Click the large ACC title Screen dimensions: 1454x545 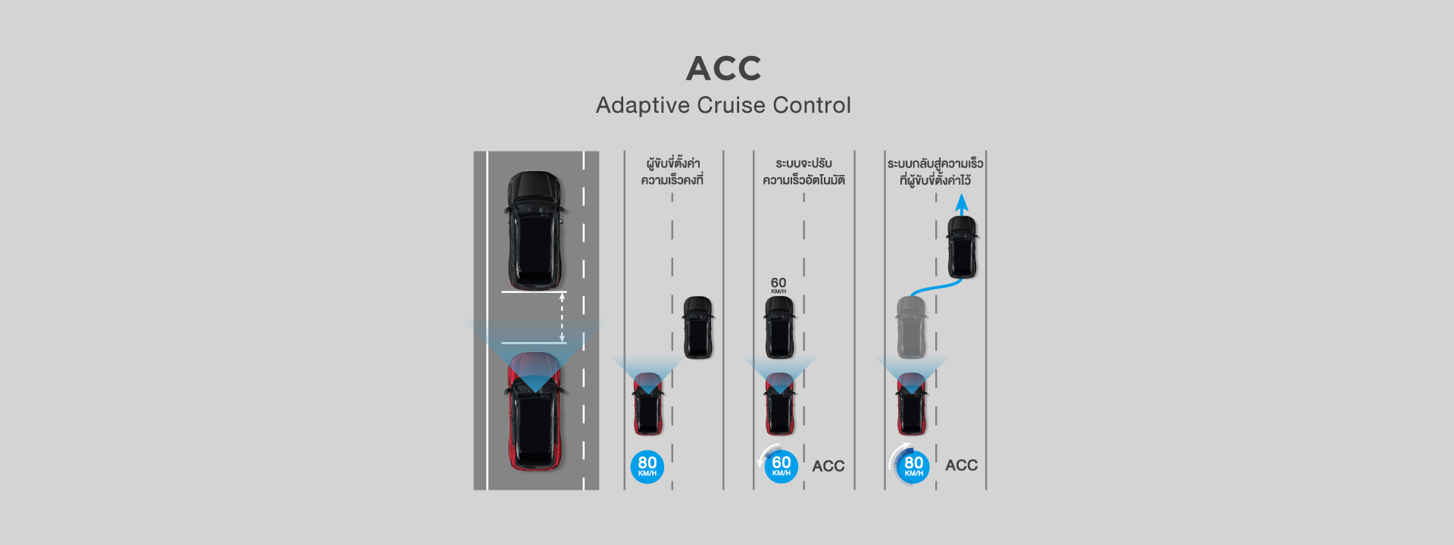point(723,68)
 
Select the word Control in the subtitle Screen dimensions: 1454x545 point(812,105)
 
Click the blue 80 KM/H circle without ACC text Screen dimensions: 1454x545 point(647,466)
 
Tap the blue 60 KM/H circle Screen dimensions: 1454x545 point(781,466)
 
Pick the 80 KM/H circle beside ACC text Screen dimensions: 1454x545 point(913,466)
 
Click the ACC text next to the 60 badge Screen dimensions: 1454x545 point(828,466)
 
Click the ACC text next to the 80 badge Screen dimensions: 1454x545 point(962,466)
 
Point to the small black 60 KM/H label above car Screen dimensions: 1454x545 point(778,285)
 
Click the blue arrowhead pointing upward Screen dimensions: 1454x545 point(962,202)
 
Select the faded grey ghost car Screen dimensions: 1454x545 point(911,327)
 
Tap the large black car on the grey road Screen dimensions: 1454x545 point(535,230)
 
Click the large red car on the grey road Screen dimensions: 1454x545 point(535,411)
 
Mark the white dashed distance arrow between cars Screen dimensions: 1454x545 point(562,318)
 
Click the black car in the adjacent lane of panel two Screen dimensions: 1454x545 point(698,327)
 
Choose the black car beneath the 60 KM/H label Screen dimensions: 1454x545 point(779,327)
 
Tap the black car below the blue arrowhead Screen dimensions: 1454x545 point(962,247)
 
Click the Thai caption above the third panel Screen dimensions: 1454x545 point(803,172)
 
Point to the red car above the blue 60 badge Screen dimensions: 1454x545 point(779,404)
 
